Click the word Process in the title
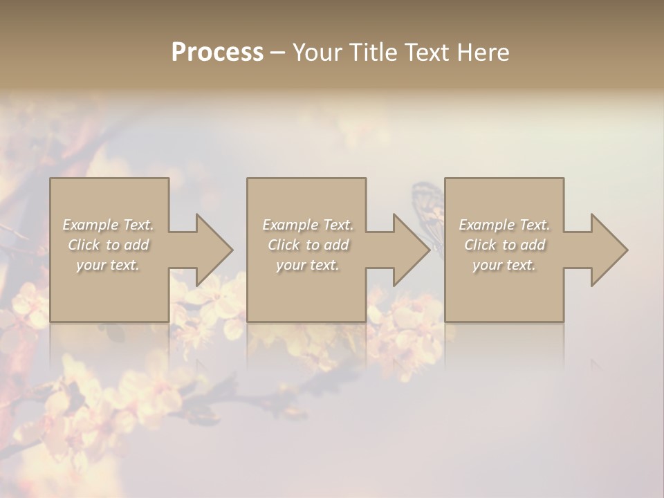[217, 53]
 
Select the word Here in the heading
[482, 53]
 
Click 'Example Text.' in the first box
[109, 225]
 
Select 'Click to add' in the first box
[109, 245]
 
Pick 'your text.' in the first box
[109, 265]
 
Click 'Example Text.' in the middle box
[308, 225]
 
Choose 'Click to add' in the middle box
[308, 245]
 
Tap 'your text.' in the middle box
[308, 265]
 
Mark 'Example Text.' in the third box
[504, 225]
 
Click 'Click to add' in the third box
[504, 245]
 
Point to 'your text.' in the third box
[504, 265]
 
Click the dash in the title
[277, 53]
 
